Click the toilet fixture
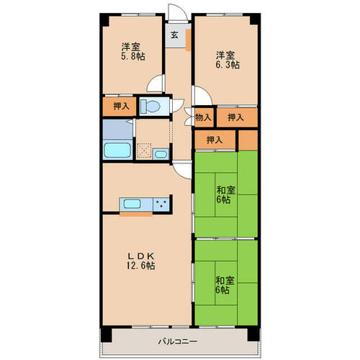[x=150, y=106]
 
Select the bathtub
[x=117, y=150]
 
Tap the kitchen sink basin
[x=132, y=204]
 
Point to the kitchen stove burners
[x=161, y=204]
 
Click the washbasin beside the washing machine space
[x=161, y=154]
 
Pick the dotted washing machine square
[x=144, y=151]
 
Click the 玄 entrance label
[x=174, y=35]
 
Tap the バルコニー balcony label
[x=178, y=341]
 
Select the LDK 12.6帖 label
[x=140, y=261]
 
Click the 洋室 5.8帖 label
[x=133, y=51]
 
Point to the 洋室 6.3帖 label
[x=228, y=60]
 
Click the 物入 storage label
[x=204, y=117]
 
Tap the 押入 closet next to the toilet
[x=122, y=106]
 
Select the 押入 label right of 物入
[x=235, y=117]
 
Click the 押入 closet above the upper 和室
[x=215, y=140]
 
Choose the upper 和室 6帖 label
[x=226, y=194]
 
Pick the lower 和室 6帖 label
[x=225, y=285]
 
